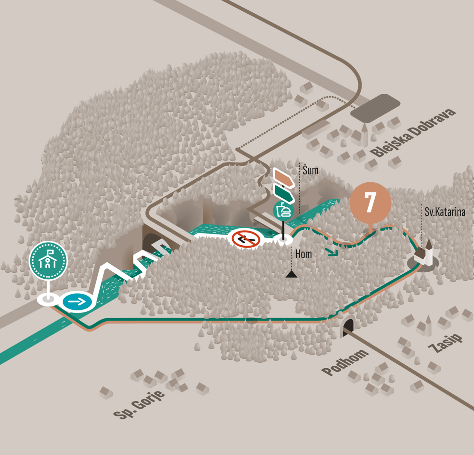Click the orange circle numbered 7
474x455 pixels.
point(370,202)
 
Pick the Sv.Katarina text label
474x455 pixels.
point(445,212)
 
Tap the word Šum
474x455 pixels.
point(311,170)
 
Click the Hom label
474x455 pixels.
point(304,254)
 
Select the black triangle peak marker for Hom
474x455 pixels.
point(292,274)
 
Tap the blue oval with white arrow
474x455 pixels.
point(77,302)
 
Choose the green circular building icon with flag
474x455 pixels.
point(48,261)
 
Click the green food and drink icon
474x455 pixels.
point(283,210)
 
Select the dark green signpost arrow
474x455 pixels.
point(284,194)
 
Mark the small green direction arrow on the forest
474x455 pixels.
point(333,252)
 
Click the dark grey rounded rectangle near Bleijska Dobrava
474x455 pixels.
point(375,108)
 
